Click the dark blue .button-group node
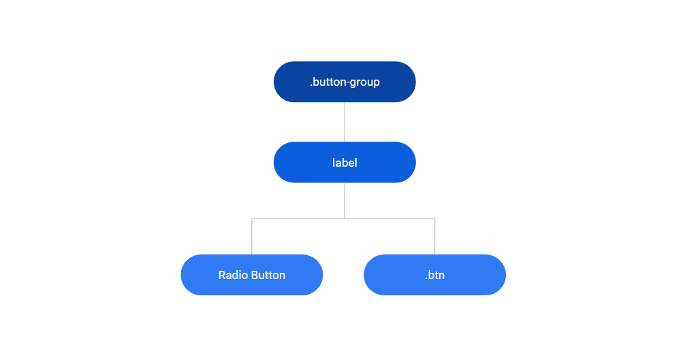pos(345,82)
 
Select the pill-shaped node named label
pos(345,163)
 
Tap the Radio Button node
pos(251,275)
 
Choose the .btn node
pos(434,275)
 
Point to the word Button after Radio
pos(268,276)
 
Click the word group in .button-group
pos(364,82)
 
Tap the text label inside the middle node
pos(345,163)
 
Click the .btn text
pos(434,276)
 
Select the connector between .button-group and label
pos(345,122)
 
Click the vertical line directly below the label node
pos(345,200)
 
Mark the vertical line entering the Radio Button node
pos(252,237)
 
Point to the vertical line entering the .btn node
pos(434,237)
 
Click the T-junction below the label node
pos(345,218)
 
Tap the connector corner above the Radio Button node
pos(252,218)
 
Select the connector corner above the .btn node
pos(434,218)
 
